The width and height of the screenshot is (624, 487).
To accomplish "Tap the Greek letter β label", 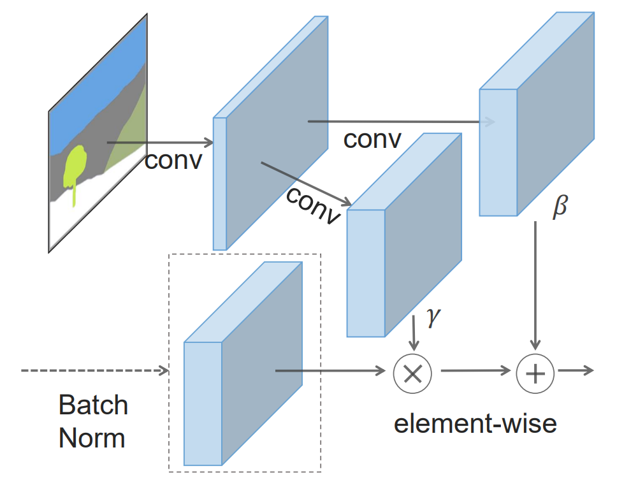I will pyautogui.click(x=560, y=207).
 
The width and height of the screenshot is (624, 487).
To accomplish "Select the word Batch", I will pyautogui.click(x=93, y=405).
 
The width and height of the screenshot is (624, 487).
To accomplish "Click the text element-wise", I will pyautogui.click(x=475, y=424).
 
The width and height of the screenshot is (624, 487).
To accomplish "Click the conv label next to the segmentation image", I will pyautogui.click(x=173, y=160).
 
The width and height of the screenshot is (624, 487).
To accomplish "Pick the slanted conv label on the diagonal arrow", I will pyautogui.click(x=312, y=205).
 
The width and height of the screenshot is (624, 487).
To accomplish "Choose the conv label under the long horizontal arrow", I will pyautogui.click(x=372, y=139).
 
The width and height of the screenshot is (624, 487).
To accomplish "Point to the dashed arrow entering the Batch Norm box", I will pyautogui.click(x=96, y=370).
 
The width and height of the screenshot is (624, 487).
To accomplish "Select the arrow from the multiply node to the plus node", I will pyautogui.click(x=475, y=370).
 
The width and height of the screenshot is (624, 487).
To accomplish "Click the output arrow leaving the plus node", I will pyautogui.click(x=576, y=370).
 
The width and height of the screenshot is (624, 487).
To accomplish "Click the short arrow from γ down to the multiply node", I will pyautogui.click(x=415, y=331).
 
